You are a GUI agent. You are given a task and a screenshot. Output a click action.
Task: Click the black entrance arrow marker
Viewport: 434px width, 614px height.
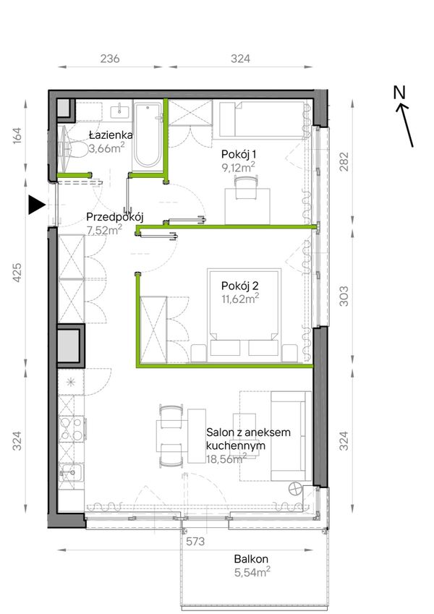(x=36, y=205)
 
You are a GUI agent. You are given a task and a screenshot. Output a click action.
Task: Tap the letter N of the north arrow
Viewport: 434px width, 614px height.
(x=399, y=93)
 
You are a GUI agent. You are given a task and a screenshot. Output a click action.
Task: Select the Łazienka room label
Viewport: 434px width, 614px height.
(x=111, y=135)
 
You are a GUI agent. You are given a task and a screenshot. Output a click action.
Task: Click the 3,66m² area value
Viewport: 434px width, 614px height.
(x=106, y=148)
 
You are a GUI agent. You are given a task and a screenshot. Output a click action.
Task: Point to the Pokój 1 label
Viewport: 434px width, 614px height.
(x=239, y=154)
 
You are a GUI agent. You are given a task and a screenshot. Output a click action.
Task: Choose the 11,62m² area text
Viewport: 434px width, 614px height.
(x=239, y=299)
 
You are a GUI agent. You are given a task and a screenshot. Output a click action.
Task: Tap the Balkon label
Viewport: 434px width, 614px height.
(x=251, y=559)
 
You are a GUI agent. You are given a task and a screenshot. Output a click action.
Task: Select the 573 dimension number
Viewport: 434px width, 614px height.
(x=195, y=542)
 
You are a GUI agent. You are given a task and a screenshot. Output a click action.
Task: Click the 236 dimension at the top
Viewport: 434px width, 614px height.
(x=110, y=59)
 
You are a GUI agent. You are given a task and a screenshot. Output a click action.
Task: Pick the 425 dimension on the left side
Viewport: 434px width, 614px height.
(x=17, y=272)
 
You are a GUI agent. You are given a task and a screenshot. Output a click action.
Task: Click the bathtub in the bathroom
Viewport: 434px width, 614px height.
(x=148, y=136)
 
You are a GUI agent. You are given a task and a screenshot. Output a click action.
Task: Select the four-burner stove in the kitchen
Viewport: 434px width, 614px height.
(x=72, y=429)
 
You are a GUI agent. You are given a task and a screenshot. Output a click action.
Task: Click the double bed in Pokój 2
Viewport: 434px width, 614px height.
(x=244, y=315)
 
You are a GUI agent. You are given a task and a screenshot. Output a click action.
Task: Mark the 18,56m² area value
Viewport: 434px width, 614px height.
(x=226, y=459)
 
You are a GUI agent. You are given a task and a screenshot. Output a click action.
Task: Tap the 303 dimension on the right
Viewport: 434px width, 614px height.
(x=343, y=297)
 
